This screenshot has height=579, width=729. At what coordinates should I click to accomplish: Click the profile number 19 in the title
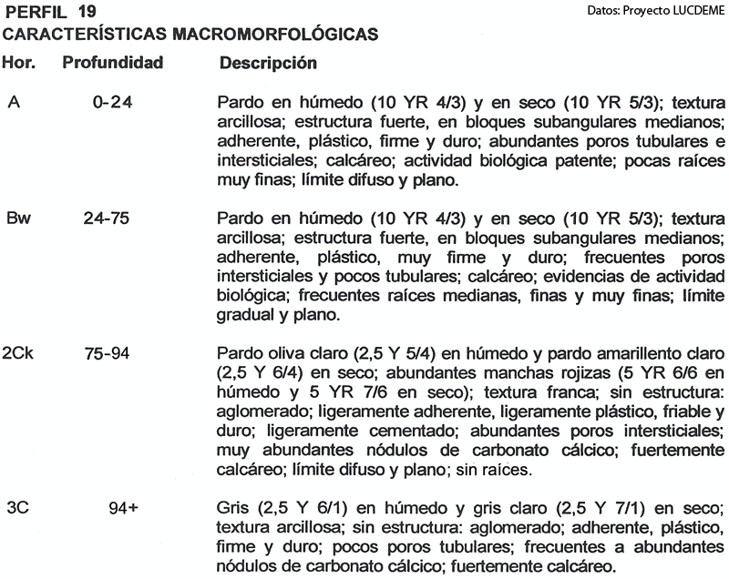tap(86, 12)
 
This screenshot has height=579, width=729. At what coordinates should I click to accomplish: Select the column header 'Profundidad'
tap(112, 64)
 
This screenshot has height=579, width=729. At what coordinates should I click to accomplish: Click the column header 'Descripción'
tap(268, 65)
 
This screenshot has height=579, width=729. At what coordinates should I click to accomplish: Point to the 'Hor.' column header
tap(20, 64)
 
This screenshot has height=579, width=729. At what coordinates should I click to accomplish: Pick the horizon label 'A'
tap(14, 102)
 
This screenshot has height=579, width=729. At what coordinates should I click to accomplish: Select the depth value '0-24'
tap(113, 102)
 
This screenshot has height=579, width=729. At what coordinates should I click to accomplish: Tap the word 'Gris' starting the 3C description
tap(236, 507)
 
